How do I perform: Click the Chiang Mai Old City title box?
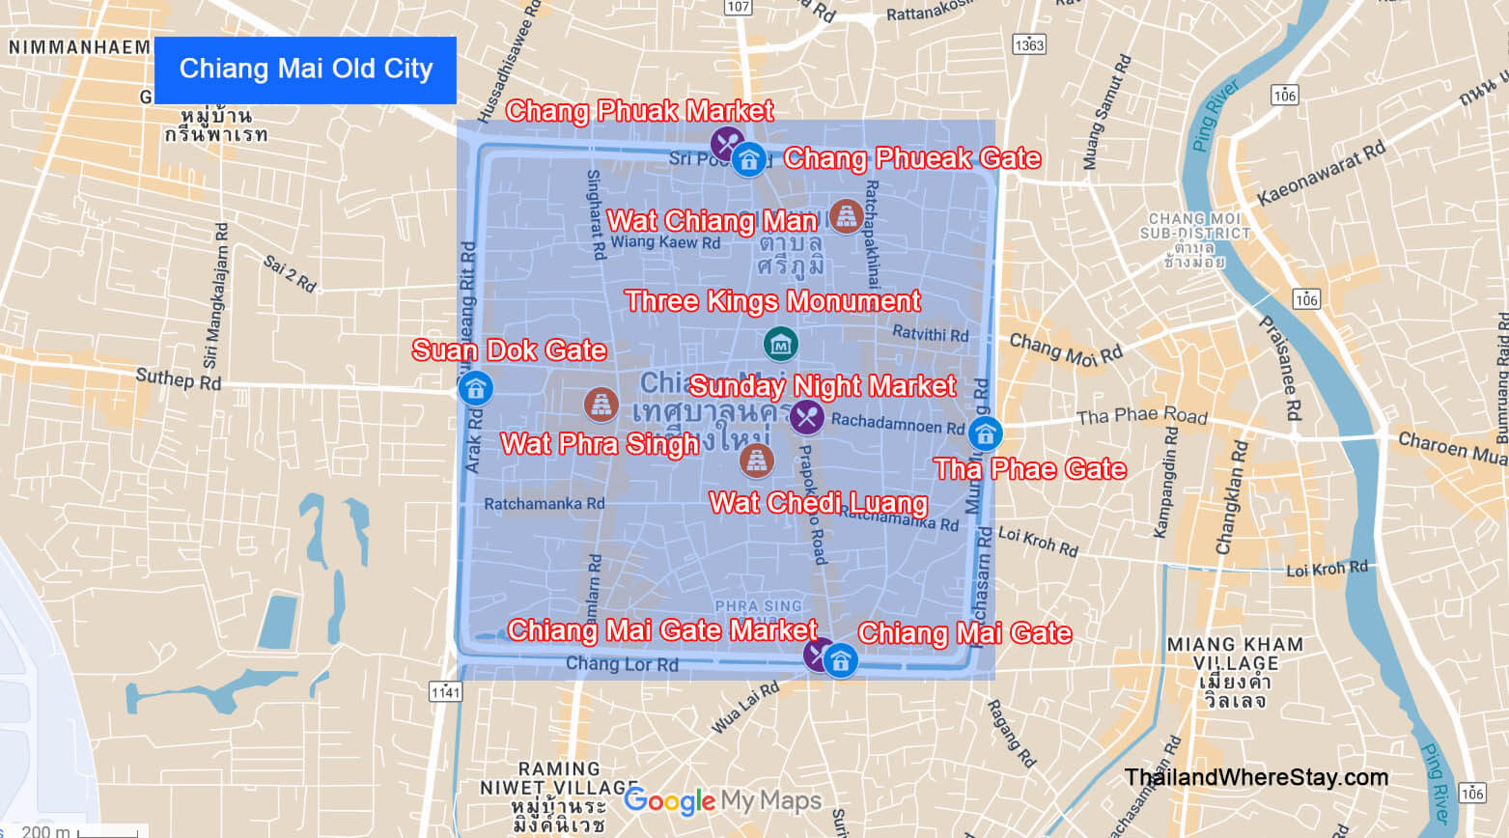(305, 70)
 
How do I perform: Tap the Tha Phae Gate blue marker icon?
(985, 433)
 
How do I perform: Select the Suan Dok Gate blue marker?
(474, 388)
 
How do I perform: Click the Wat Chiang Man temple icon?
(846, 217)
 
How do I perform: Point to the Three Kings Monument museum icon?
(780, 344)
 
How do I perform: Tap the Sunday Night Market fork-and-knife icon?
(807, 417)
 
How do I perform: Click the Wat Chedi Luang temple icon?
(756, 461)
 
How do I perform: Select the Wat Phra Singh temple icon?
(601, 405)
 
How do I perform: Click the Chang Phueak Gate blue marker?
(749, 159)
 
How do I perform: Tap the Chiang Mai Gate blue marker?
(840, 660)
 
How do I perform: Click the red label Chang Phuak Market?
(639, 111)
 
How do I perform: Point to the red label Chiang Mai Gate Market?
(662, 630)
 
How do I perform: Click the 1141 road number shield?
(445, 691)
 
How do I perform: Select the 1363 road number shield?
(1029, 44)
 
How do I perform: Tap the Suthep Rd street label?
(179, 379)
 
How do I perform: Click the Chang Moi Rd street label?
(1065, 349)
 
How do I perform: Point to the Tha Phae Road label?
(1142, 416)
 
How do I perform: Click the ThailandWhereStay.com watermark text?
(1256, 777)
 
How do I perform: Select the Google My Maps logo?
(722, 800)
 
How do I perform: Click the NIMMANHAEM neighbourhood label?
(79, 46)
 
